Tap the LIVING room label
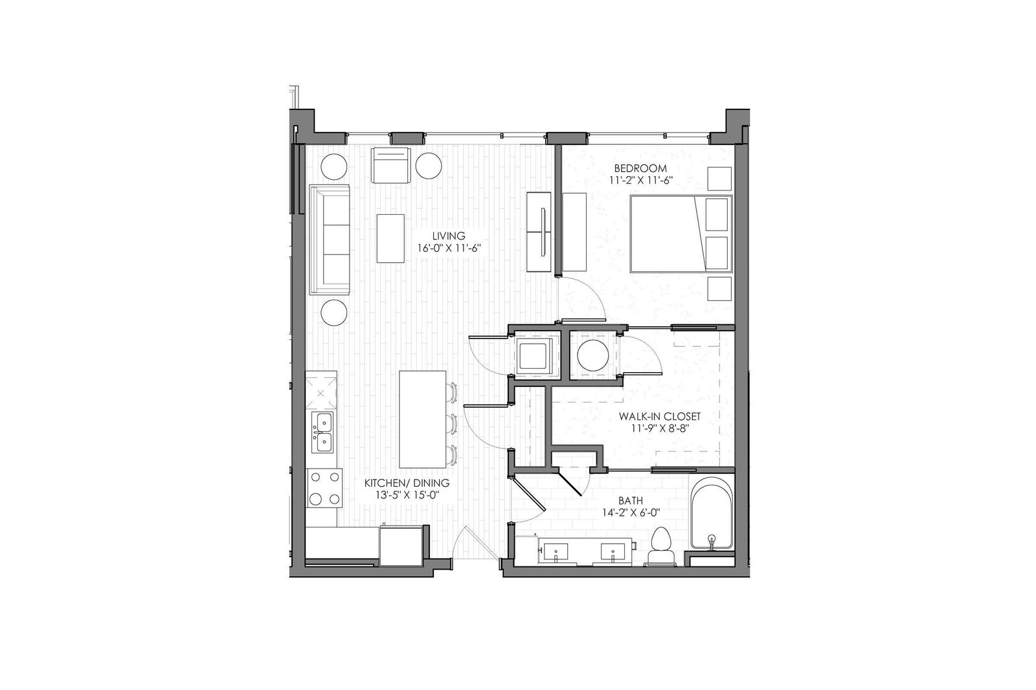point(450,236)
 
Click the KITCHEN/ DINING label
point(406,484)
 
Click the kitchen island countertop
point(422,419)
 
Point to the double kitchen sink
point(322,432)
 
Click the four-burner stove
point(324,488)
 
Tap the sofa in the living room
point(330,239)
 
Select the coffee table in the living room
point(390,238)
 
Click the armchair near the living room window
point(391,165)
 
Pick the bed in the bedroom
point(680,233)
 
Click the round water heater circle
point(592,355)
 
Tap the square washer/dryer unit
point(534,355)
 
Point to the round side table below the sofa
point(335,312)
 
